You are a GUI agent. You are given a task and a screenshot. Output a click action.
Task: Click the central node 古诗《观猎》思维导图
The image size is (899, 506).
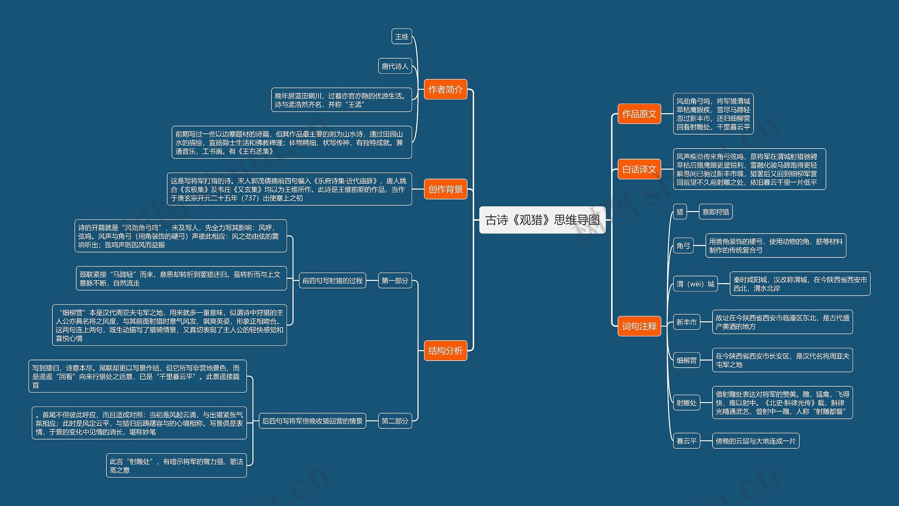(542, 220)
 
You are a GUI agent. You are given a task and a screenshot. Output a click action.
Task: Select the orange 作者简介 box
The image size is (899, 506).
(445, 90)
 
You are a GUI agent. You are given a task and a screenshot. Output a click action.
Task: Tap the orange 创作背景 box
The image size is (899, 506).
(445, 189)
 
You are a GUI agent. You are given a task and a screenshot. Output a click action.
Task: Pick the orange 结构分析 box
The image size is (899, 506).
(445, 350)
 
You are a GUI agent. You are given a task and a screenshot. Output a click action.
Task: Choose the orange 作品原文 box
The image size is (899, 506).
(639, 114)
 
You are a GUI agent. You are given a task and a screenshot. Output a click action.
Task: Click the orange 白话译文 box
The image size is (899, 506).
(639, 169)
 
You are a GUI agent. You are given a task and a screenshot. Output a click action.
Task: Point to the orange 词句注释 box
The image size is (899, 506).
(639, 326)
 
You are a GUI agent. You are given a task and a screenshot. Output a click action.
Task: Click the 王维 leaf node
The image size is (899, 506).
(402, 37)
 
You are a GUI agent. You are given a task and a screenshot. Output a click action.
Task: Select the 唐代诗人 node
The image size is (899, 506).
(395, 66)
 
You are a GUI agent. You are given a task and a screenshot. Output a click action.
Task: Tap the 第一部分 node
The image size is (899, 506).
(395, 281)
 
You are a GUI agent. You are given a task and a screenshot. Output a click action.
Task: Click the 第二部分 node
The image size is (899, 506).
(395, 421)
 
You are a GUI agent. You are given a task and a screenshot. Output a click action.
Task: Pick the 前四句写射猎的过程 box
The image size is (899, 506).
(332, 281)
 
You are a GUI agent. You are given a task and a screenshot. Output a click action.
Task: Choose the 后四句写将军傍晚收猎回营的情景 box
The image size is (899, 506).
(312, 421)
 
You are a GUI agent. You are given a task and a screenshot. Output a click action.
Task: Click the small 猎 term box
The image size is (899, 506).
(680, 212)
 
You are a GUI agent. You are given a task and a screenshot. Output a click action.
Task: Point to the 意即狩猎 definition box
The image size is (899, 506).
(715, 212)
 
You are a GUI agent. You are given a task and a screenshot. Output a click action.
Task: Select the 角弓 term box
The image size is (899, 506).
(683, 246)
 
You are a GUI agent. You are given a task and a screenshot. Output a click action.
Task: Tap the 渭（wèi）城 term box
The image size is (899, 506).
(695, 284)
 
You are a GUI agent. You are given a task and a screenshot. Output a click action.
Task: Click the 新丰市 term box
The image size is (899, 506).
(686, 322)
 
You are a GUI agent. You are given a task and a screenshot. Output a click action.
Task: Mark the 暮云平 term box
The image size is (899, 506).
(686, 441)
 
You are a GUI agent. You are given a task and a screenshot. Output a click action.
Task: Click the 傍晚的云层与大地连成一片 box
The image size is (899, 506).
(755, 441)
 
